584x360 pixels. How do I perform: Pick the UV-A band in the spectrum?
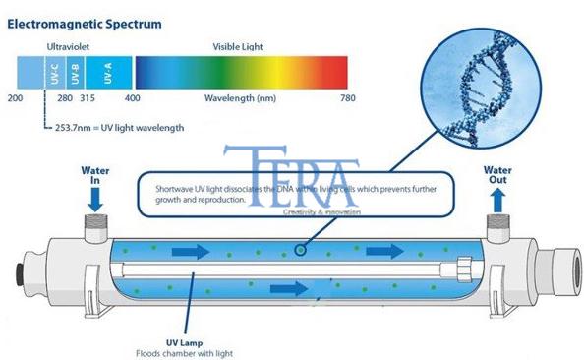(x=106, y=72)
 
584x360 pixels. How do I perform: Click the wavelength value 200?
(x=15, y=98)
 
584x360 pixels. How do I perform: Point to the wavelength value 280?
(x=65, y=98)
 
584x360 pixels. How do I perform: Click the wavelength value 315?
(x=88, y=98)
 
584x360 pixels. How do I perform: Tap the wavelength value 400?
(x=133, y=98)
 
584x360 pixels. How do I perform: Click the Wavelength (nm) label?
(x=241, y=98)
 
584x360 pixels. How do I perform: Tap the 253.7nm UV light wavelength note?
(x=118, y=127)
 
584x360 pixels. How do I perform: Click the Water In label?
(x=95, y=175)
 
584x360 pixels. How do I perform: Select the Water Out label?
(x=498, y=175)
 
